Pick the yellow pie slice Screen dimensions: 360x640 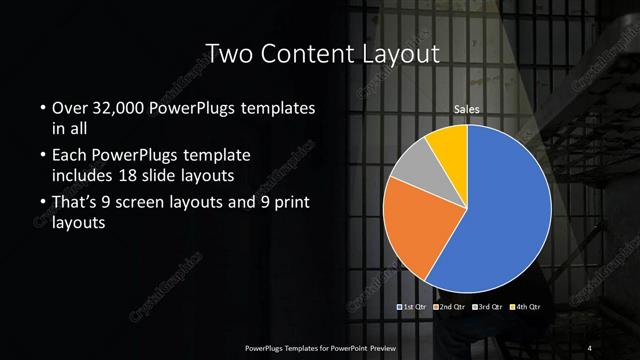pyautogui.click(x=452, y=146)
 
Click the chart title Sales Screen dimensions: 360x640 pyautogui.click(x=467, y=108)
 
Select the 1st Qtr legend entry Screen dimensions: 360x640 pyautogui.click(x=413, y=305)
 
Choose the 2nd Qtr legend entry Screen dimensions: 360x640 pyautogui.click(x=451, y=305)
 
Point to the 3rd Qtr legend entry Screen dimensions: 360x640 pyautogui.click(x=489, y=305)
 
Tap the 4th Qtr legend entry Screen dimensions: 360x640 pyautogui.click(x=526, y=305)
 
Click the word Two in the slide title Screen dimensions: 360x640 pyautogui.click(x=226, y=53)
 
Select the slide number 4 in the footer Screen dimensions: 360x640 pyautogui.click(x=590, y=347)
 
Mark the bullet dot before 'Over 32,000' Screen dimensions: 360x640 pyautogui.click(x=42, y=108)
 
